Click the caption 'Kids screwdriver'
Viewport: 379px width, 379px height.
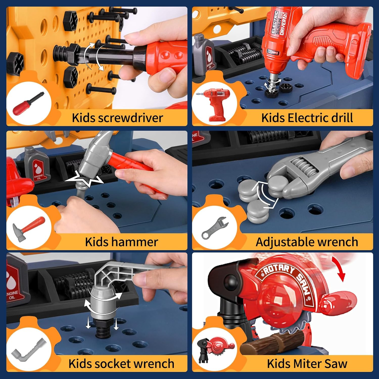117,118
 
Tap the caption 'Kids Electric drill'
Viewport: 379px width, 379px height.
307,118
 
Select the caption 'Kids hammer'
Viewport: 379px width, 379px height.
121,242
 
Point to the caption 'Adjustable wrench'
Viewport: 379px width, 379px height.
307,242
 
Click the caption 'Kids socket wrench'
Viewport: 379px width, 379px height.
121,364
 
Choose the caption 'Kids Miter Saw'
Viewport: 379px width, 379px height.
307,364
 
